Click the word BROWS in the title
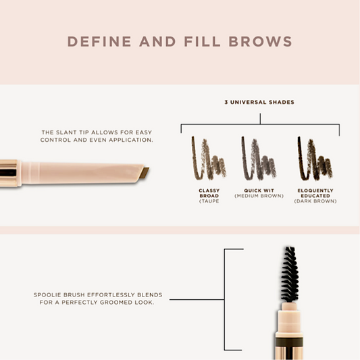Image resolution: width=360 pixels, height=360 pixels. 260,42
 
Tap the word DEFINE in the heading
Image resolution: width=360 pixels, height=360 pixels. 99,42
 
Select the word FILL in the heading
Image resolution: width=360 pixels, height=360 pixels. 202,42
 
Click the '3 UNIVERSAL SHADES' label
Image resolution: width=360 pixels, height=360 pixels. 259,102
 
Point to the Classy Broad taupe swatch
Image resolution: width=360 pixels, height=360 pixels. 209,159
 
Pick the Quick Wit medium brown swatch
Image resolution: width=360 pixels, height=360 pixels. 259,159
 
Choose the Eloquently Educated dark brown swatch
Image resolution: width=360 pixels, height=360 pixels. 315,159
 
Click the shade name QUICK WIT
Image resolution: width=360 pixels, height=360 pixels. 259,190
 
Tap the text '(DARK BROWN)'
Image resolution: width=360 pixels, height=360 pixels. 315,201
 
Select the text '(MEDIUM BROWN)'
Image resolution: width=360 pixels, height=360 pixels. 259,196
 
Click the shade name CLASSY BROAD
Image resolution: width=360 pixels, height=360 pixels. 209,193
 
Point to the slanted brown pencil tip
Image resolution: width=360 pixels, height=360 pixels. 144,173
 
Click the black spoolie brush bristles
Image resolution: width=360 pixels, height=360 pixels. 290,274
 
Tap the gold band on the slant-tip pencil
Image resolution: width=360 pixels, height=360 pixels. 9,173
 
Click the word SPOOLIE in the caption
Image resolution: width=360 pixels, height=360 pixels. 47,294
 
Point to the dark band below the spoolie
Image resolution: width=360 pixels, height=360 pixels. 289,342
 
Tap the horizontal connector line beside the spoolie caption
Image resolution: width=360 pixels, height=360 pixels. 197,299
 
